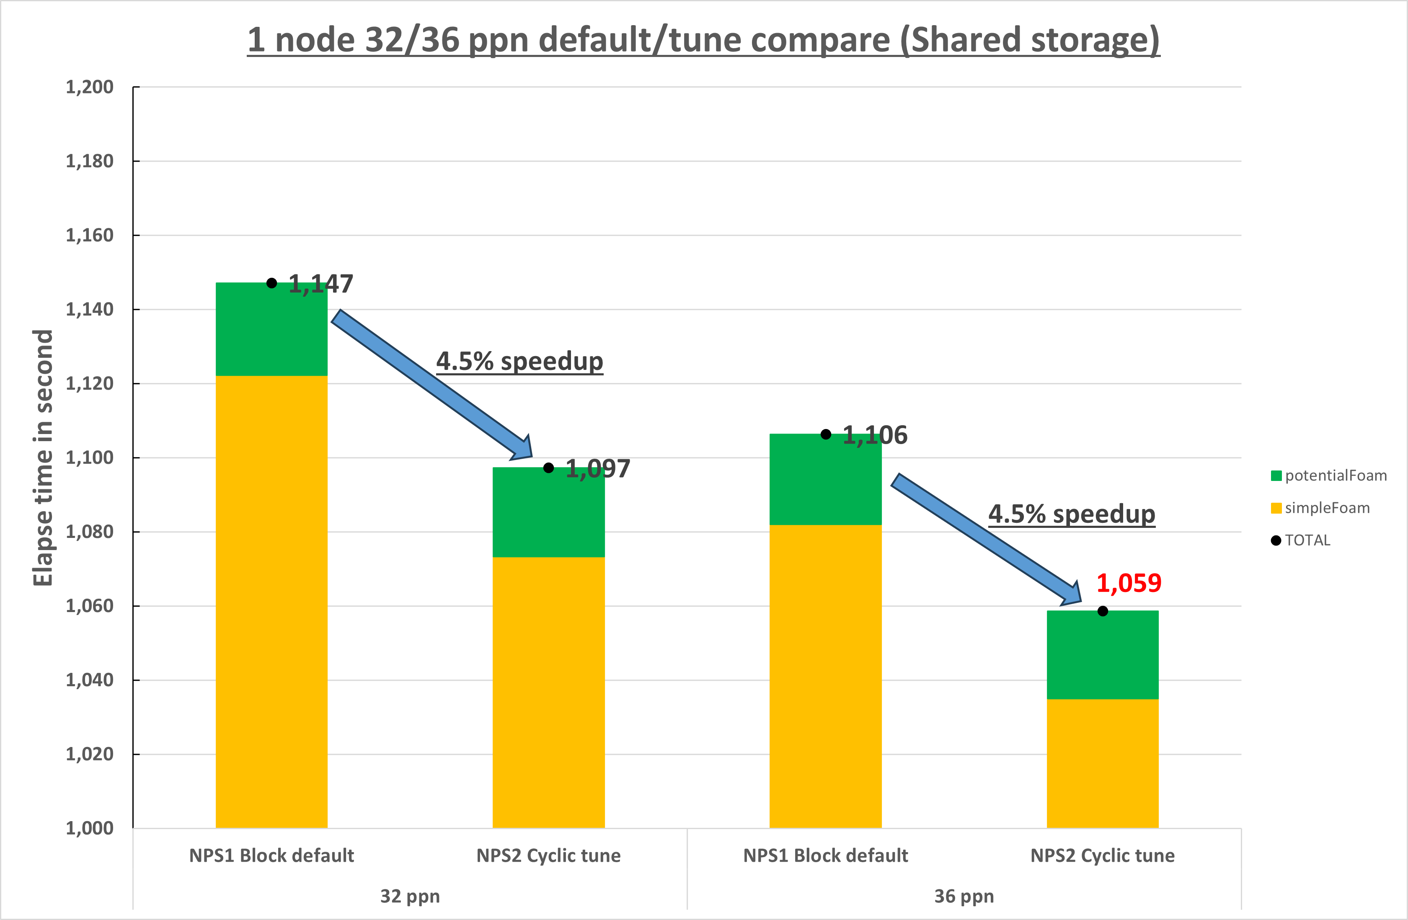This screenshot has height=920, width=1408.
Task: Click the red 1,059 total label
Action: point(1129,583)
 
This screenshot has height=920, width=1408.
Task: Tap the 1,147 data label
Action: point(320,284)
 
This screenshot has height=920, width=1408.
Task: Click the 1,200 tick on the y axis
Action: point(89,87)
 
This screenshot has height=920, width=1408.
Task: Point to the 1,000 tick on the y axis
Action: point(89,828)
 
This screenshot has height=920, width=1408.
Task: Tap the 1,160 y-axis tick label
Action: point(89,235)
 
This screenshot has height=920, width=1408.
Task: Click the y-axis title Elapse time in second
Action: point(43,457)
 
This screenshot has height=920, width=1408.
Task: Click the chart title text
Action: point(703,40)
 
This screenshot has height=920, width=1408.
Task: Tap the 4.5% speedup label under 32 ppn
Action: point(519,361)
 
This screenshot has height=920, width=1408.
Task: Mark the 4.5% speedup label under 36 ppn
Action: point(1071,514)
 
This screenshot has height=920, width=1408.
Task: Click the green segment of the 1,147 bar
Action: point(271,329)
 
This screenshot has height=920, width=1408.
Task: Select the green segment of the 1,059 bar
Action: point(1102,655)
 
